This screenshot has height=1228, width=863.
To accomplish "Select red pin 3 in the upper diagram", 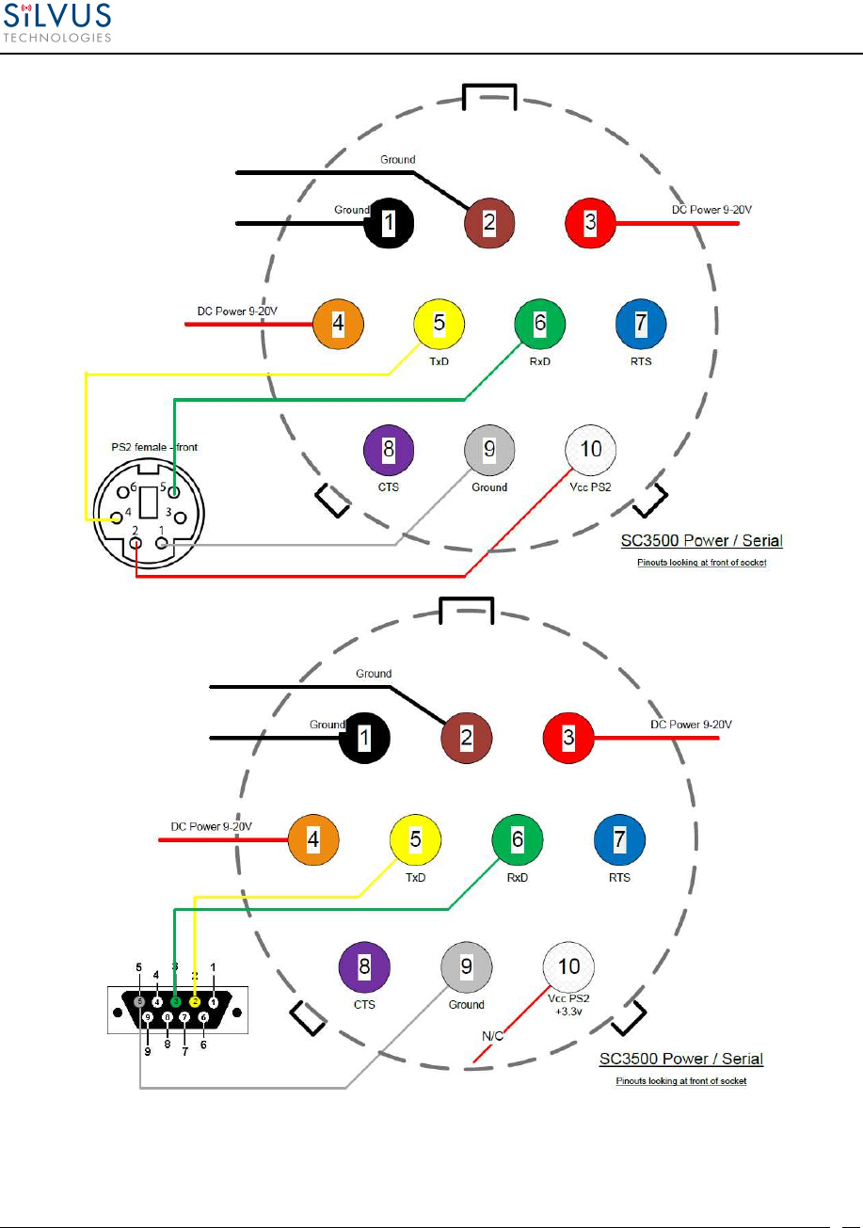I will [590, 223].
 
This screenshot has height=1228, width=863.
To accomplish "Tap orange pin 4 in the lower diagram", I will [312, 838].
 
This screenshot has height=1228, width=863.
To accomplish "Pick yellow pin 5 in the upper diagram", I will [439, 324].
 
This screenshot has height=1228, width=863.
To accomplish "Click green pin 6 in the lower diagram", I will [517, 838].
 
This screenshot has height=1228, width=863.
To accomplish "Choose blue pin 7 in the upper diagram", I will [640, 324].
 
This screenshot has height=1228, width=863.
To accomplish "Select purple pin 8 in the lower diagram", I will [364, 965].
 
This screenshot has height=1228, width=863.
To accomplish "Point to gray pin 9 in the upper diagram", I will [489, 451].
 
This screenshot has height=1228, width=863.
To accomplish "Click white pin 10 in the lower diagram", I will [568, 965].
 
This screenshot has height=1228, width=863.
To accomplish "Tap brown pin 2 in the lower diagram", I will [467, 737].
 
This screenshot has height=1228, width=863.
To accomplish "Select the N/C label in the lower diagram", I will [493, 1036].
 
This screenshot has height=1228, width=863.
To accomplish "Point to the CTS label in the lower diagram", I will [364, 1004].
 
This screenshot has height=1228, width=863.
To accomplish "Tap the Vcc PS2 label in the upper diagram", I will [590, 487].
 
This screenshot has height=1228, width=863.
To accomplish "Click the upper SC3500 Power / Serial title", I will [701, 541].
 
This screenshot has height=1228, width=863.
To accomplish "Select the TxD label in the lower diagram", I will [416, 877].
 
